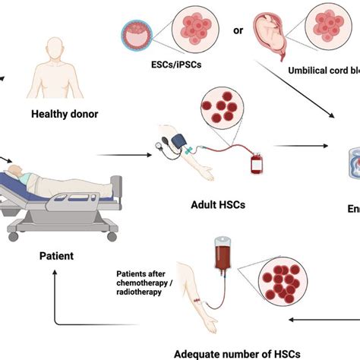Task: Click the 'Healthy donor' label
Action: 65,115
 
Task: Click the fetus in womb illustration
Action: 272,30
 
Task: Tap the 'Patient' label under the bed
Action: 56,256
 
